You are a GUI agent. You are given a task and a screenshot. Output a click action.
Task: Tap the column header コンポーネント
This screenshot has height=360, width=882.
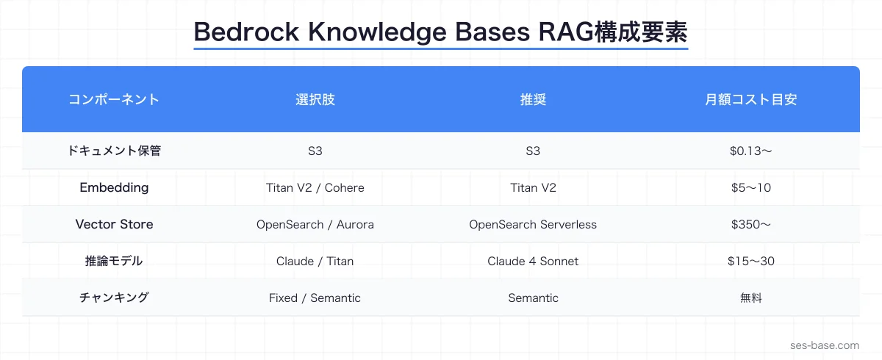[x=114, y=100]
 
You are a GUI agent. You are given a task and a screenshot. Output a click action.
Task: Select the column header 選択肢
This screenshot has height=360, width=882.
[x=315, y=100]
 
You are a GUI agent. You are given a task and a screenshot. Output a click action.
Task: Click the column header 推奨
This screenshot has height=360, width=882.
[x=533, y=100]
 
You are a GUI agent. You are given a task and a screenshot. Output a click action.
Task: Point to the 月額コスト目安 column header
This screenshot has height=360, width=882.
[x=750, y=100]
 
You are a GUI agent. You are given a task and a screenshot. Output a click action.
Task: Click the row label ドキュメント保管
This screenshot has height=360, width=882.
[x=114, y=151]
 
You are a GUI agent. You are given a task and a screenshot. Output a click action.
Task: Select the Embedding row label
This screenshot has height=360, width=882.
[x=114, y=187]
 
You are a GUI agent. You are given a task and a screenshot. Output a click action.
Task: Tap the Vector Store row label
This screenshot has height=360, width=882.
[x=114, y=224]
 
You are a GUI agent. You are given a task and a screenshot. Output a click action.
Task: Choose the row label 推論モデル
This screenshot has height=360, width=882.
[x=114, y=261]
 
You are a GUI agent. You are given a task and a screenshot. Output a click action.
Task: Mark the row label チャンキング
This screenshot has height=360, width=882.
[x=114, y=298]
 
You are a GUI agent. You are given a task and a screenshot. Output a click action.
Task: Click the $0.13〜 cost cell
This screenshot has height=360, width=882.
[x=750, y=151]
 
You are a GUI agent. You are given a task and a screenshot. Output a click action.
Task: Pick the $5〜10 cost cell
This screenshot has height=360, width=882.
[x=750, y=187]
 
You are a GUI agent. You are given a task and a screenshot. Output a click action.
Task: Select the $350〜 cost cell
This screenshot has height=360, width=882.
[x=750, y=224]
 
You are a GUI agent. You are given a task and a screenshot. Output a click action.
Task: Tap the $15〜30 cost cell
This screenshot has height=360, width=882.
[x=750, y=261]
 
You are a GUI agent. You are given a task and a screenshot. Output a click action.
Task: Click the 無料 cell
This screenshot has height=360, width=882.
[x=750, y=298]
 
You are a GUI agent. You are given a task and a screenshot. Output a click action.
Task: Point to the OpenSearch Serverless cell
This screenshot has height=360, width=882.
[x=533, y=224]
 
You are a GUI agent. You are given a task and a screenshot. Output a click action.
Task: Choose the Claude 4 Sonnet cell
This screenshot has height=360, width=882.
[x=533, y=261]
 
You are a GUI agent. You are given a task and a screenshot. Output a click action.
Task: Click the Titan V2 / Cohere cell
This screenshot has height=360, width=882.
[x=315, y=187]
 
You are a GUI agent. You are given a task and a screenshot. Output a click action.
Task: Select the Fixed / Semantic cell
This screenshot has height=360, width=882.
[x=315, y=298]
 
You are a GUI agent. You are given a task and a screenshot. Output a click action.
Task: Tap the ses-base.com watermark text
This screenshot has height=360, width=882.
[x=824, y=345]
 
